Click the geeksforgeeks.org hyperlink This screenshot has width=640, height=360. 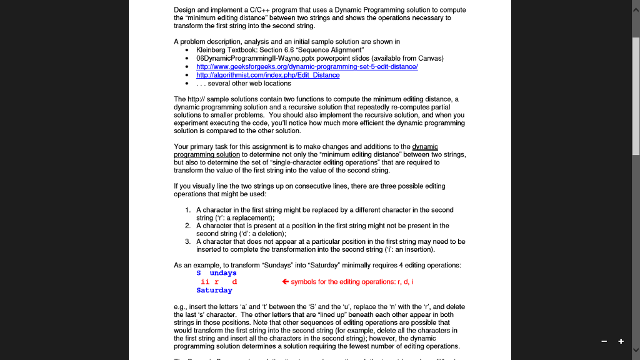pyautogui.click(x=307, y=66)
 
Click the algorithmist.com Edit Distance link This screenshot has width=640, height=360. pyautogui.click(x=267, y=75)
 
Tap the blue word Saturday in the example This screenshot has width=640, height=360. pyautogui.click(x=214, y=290)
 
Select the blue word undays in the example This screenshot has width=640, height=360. pyautogui.click(x=223, y=273)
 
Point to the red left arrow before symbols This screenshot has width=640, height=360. pyautogui.click(x=286, y=281)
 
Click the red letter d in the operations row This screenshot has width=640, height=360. pyautogui.click(x=234, y=282)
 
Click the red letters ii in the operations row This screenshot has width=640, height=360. pyautogui.click(x=204, y=282)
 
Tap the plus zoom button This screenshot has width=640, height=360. pyautogui.click(x=621, y=341)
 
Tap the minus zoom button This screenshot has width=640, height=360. pyautogui.click(x=604, y=341)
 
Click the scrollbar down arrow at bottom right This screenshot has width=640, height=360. pyautogui.click(x=636, y=351)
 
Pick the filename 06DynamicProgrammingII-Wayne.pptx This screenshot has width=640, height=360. pyautogui.click(x=249, y=58)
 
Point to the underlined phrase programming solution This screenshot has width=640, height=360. pyautogui.click(x=206, y=154)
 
